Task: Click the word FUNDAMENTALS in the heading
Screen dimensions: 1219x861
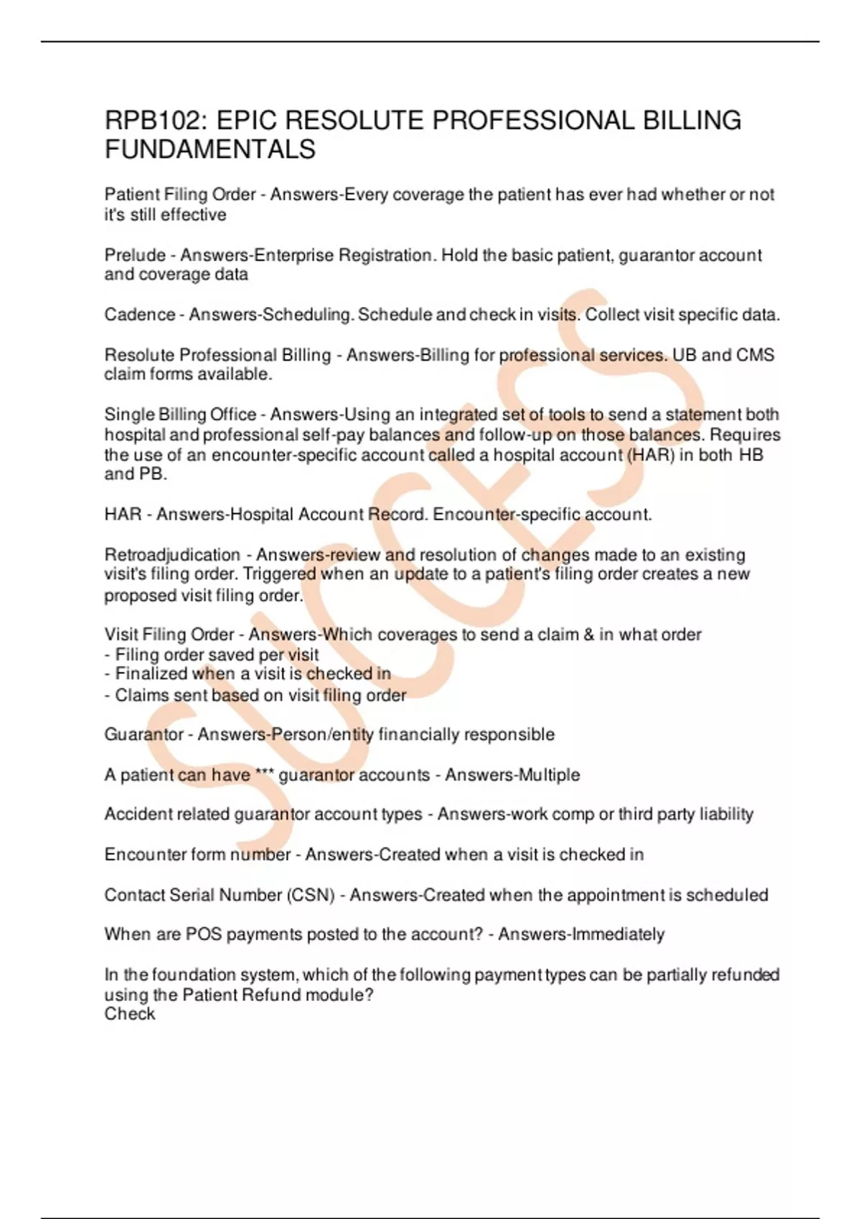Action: pyautogui.click(x=210, y=149)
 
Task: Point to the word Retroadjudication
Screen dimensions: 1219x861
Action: pyautogui.click(x=172, y=555)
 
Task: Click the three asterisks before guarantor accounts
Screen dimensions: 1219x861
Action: pyautogui.click(x=264, y=774)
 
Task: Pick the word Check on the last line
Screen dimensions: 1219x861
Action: pyautogui.click(x=129, y=1014)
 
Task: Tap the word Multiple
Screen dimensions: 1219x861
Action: pyautogui.click(x=549, y=775)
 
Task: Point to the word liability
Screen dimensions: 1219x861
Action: pyautogui.click(x=725, y=815)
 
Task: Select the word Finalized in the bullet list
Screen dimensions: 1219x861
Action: pyautogui.click(x=146, y=674)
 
